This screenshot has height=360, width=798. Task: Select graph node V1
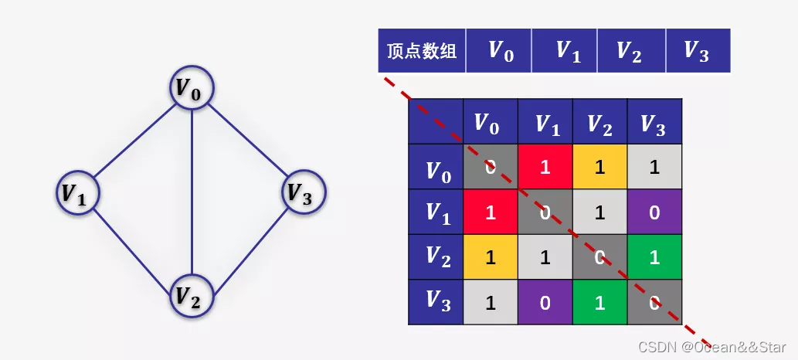click(79, 192)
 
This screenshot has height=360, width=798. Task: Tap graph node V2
click(192, 294)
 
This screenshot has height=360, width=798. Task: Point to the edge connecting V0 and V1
click(135, 140)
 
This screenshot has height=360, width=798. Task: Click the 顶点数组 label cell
click(422, 52)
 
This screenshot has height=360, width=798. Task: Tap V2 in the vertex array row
click(630, 52)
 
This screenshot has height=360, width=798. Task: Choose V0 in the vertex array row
click(499, 52)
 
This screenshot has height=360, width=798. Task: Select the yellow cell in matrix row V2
click(490, 257)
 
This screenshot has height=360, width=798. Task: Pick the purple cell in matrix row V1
click(654, 212)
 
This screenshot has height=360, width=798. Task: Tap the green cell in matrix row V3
click(599, 302)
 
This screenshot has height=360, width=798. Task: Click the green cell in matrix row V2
click(654, 257)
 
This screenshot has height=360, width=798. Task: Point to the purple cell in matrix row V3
click(545, 302)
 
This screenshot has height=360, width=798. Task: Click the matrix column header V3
click(654, 122)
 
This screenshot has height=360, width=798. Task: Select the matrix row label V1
click(436, 212)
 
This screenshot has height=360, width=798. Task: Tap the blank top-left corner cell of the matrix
click(436, 122)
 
